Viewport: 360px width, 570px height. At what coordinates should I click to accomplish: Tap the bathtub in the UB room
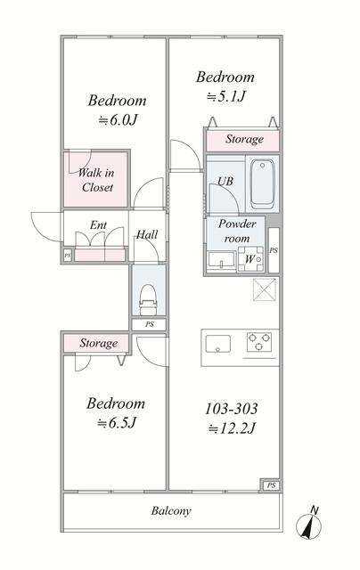[x=262, y=184]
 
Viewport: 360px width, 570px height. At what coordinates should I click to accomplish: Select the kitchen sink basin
[x=217, y=344]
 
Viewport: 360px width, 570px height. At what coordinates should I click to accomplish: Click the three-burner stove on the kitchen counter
[x=259, y=342]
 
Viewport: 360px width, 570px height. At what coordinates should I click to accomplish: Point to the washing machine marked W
[x=250, y=259]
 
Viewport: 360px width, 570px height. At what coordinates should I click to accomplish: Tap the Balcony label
[x=171, y=511]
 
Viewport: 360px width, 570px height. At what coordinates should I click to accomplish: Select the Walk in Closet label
[x=96, y=180]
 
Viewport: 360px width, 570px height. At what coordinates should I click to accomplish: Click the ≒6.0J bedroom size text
[x=118, y=119]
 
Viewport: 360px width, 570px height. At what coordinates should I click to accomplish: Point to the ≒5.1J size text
[x=225, y=96]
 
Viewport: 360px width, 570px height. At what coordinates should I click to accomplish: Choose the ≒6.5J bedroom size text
[x=117, y=423]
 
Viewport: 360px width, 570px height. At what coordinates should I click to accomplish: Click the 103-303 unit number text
[x=232, y=409]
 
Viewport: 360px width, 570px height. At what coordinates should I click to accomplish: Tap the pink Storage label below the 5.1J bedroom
[x=244, y=139]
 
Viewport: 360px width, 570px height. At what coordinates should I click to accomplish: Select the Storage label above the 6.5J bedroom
[x=99, y=343]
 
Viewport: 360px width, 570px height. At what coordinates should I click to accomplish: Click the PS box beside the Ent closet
[x=68, y=256]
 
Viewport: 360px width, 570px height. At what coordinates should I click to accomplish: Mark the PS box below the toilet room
[x=149, y=324]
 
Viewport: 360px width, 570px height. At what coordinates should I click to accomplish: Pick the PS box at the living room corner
[x=271, y=484]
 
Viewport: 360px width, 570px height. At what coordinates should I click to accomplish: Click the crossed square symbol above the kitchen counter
[x=265, y=289]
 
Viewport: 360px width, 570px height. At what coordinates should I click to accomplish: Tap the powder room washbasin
[x=221, y=260]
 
